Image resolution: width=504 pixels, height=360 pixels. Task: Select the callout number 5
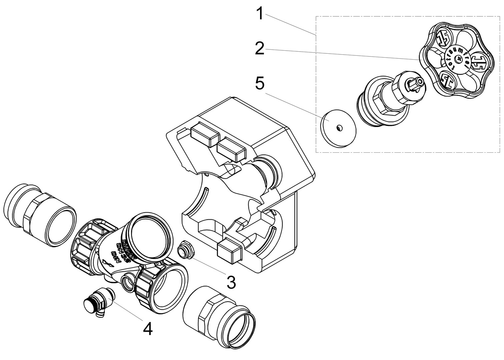(260, 84)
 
